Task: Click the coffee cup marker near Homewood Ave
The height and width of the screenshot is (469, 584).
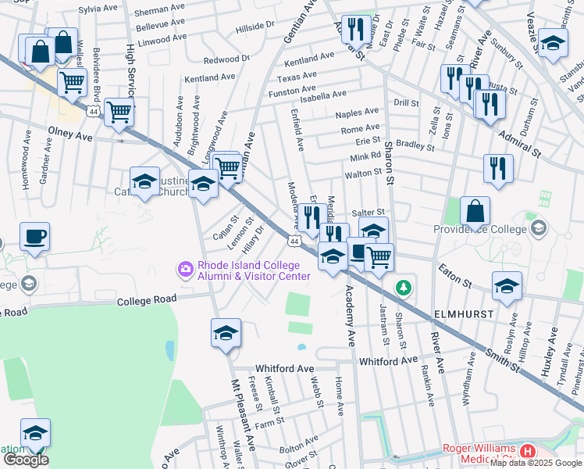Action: click(34, 236)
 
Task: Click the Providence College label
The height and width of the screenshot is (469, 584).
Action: click(480, 230)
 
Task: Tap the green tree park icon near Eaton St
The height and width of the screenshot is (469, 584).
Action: click(403, 288)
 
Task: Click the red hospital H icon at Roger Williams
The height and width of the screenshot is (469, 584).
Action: click(529, 451)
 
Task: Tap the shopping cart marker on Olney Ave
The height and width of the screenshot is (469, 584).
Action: click(119, 113)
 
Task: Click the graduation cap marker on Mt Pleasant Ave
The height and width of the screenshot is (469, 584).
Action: click(225, 332)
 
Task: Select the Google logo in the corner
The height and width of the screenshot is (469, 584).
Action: click(26, 460)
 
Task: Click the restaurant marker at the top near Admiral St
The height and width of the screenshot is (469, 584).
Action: click(356, 30)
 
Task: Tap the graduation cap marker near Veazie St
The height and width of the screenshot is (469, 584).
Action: click(552, 43)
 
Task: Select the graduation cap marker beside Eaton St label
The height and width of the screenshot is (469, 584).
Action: click(507, 287)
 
